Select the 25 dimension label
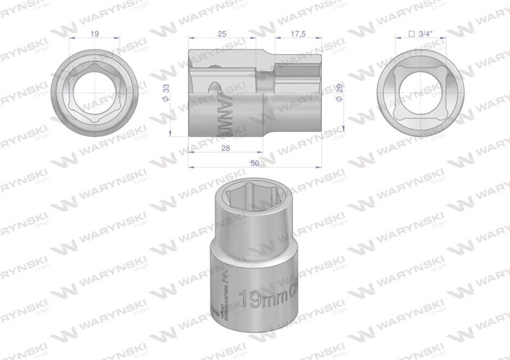[x=223, y=33]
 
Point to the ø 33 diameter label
[x=167, y=92]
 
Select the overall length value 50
[x=254, y=163]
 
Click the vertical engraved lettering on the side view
[x=222, y=112]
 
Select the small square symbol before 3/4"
[x=411, y=33]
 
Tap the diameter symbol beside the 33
[x=167, y=100]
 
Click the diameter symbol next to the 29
[x=339, y=101]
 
